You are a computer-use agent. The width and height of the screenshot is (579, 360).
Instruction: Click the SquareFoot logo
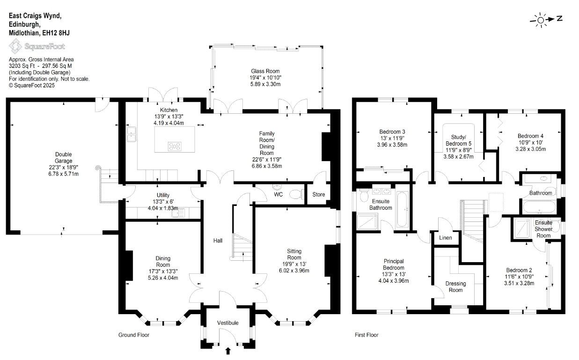pos(37,46)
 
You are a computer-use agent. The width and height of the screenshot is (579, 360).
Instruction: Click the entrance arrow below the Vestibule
pos(228,351)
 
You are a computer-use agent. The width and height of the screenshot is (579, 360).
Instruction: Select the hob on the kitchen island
pos(175,147)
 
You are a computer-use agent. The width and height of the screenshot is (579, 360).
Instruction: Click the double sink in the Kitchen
pos(132,134)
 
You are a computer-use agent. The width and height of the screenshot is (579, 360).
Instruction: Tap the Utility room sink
pos(178,213)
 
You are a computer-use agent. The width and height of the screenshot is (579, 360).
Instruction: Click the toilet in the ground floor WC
pos(297,194)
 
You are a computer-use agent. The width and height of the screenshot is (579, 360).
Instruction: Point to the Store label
pos(318,195)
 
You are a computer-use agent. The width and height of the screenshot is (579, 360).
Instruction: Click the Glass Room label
pos(265,71)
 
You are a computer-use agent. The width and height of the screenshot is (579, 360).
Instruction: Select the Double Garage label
pos(64,158)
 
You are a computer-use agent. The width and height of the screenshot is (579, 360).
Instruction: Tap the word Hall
pos(218,241)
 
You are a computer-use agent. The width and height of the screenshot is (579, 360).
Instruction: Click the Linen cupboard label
pos(445,238)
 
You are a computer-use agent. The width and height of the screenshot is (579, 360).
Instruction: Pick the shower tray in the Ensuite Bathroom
pos(367,222)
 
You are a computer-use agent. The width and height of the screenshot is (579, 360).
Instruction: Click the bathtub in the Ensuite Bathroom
pos(402,209)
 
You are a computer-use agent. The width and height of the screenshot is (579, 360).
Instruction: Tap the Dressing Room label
pos(455,287)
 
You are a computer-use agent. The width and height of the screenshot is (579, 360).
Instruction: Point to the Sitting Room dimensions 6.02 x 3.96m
pos(294,271)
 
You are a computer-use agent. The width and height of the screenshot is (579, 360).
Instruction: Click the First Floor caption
pos(366,335)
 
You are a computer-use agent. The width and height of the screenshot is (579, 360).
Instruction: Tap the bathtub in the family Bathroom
pos(539,207)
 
